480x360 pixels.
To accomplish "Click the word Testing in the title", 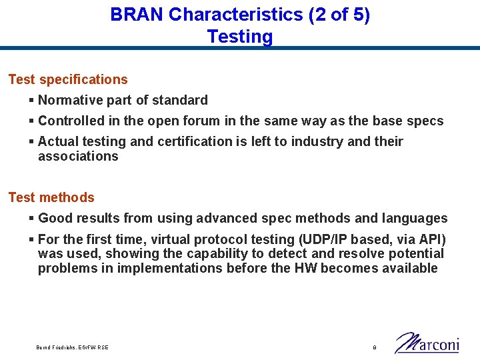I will (240, 37).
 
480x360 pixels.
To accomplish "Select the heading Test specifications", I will (68, 79).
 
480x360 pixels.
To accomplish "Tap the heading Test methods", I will (51, 197).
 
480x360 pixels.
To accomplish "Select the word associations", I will (78, 157).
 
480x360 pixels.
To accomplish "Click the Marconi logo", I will (427, 343).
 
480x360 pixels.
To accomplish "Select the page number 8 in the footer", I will (375, 347).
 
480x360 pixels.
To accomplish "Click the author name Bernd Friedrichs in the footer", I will (57, 347).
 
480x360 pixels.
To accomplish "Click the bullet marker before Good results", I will (31, 218).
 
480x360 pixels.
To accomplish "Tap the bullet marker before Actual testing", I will (31, 141).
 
